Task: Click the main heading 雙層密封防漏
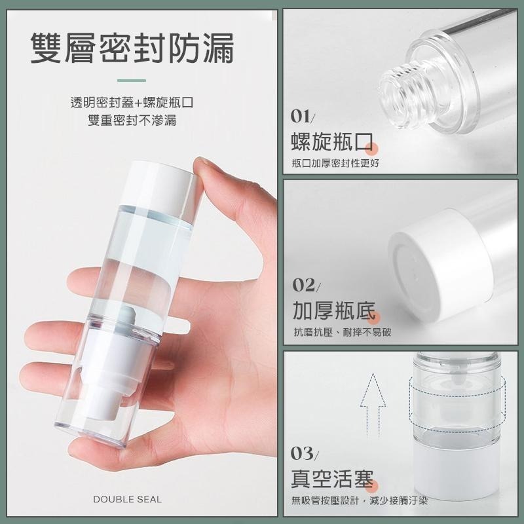[x=132, y=47]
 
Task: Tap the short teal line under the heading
[x=132, y=81]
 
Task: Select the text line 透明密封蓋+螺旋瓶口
[x=132, y=102]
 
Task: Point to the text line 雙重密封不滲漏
[x=132, y=120]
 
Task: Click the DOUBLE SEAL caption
[x=127, y=499]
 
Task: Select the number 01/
[x=303, y=117]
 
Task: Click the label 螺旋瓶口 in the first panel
[x=331, y=141]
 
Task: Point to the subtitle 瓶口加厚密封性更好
[x=335, y=163]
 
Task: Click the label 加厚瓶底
[x=333, y=310]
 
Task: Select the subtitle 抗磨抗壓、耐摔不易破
[x=342, y=332]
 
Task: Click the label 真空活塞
[x=332, y=479]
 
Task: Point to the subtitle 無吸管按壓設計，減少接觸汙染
[x=360, y=500]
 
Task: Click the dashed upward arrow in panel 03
[x=373, y=405]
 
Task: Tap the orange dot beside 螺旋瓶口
[x=371, y=149]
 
